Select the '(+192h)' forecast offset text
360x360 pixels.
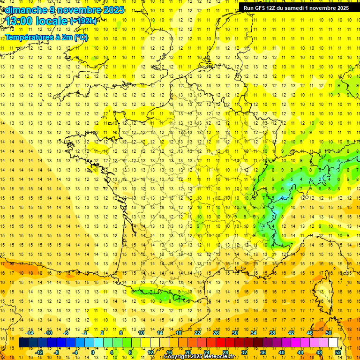pos(83,21)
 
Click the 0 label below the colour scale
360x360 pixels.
pos(92,352)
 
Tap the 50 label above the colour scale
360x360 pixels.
pos(329,333)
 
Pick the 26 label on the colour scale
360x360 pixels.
pos(216,333)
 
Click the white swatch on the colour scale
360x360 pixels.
pos(333,343)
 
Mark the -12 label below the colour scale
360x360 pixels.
pos(39,352)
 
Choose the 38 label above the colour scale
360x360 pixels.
pos(272,333)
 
